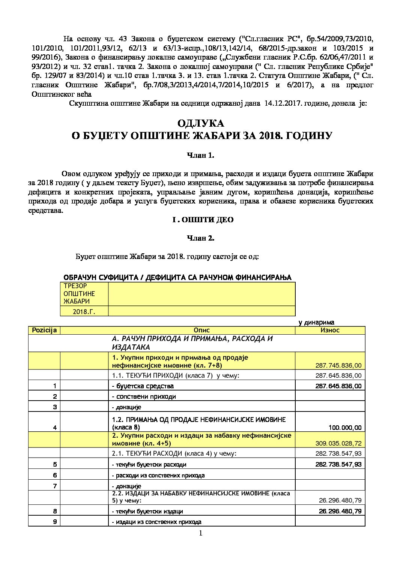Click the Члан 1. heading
200,156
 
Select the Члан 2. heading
200,238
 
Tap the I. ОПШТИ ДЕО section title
203,220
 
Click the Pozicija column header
44,330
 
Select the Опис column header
202,330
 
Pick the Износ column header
330,330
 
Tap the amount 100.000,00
347,428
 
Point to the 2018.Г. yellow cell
84,311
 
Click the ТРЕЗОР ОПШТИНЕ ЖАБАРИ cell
84,293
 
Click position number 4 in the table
55,428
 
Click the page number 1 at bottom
200,534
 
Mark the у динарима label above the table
316,322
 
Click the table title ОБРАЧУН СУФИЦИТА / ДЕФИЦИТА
177,277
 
